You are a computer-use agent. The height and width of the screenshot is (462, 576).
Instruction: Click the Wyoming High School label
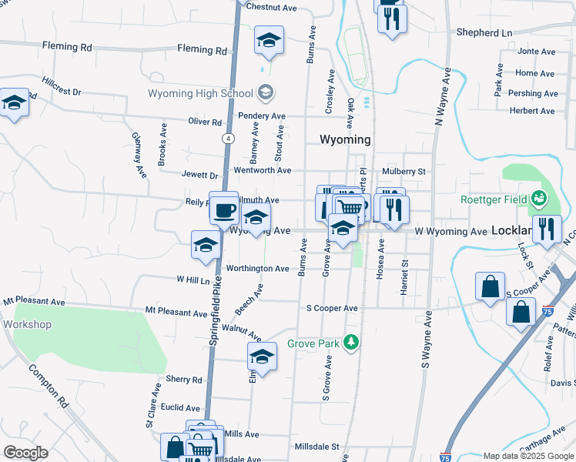(x=201, y=94)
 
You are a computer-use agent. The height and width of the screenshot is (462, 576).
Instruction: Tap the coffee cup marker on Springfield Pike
(x=224, y=209)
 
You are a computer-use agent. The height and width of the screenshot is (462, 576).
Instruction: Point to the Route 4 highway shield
(x=229, y=139)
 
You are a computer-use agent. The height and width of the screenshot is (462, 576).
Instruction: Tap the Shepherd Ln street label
(x=484, y=33)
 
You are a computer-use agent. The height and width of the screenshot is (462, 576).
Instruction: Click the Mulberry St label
(x=404, y=171)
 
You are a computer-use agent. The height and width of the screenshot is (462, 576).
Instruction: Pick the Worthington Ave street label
(x=257, y=269)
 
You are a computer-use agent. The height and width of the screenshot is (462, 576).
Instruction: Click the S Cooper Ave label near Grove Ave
(x=332, y=308)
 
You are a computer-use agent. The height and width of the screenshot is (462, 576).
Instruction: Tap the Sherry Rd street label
(x=183, y=380)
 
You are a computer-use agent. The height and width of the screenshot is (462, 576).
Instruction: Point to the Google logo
(x=25, y=453)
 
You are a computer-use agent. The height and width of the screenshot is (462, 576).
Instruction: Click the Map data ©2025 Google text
(x=527, y=456)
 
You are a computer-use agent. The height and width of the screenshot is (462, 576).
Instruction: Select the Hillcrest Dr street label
(x=62, y=92)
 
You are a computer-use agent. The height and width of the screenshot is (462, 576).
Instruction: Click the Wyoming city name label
(x=345, y=140)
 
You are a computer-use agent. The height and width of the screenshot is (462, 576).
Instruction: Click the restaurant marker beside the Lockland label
(x=548, y=229)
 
